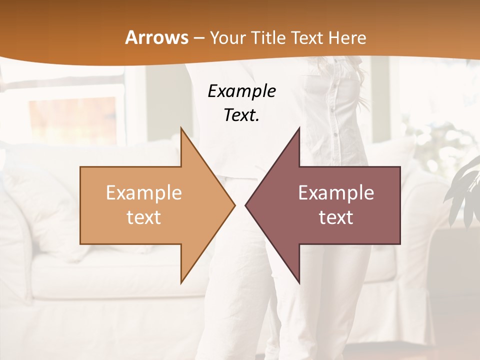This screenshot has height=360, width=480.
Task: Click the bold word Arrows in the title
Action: point(156,37)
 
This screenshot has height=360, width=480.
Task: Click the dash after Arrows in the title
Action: point(198,38)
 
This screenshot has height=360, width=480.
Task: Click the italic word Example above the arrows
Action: point(241,91)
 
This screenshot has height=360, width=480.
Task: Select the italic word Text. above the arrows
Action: point(241,115)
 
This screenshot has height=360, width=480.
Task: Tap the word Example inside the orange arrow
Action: point(143,193)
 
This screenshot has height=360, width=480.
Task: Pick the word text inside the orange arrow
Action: point(143,217)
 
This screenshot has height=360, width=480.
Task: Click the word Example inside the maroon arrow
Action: point(336,193)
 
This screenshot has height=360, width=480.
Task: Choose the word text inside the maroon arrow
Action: point(336,217)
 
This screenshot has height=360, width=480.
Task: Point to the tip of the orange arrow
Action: point(233,205)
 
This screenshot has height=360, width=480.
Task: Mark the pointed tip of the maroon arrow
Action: point(246,205)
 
